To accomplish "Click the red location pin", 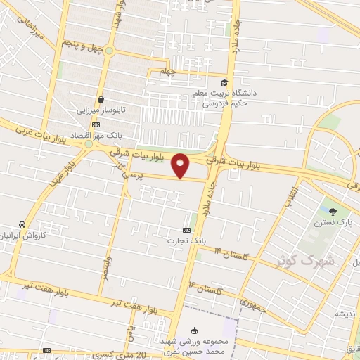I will pos(181,165).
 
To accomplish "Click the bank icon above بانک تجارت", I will pos(186,230).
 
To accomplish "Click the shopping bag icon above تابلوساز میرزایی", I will pos(101,100).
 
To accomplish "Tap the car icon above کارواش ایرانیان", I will pos(23,224).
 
